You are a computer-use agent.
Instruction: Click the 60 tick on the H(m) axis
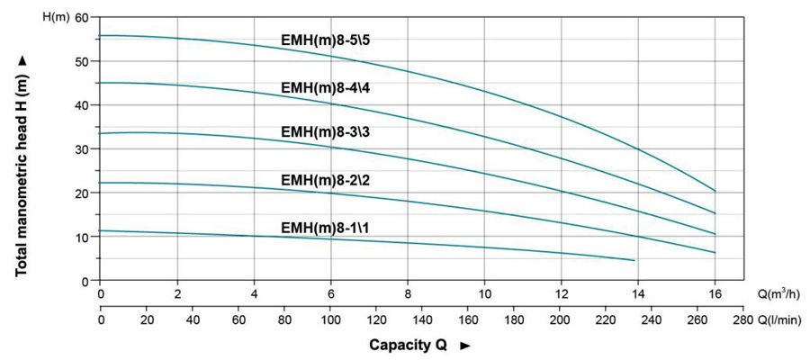83,17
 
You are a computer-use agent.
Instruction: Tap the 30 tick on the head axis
83,149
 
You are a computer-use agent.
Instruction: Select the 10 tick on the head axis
83,238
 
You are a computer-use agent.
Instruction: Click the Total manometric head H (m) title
22,167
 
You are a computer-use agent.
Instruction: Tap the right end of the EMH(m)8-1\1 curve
634,260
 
